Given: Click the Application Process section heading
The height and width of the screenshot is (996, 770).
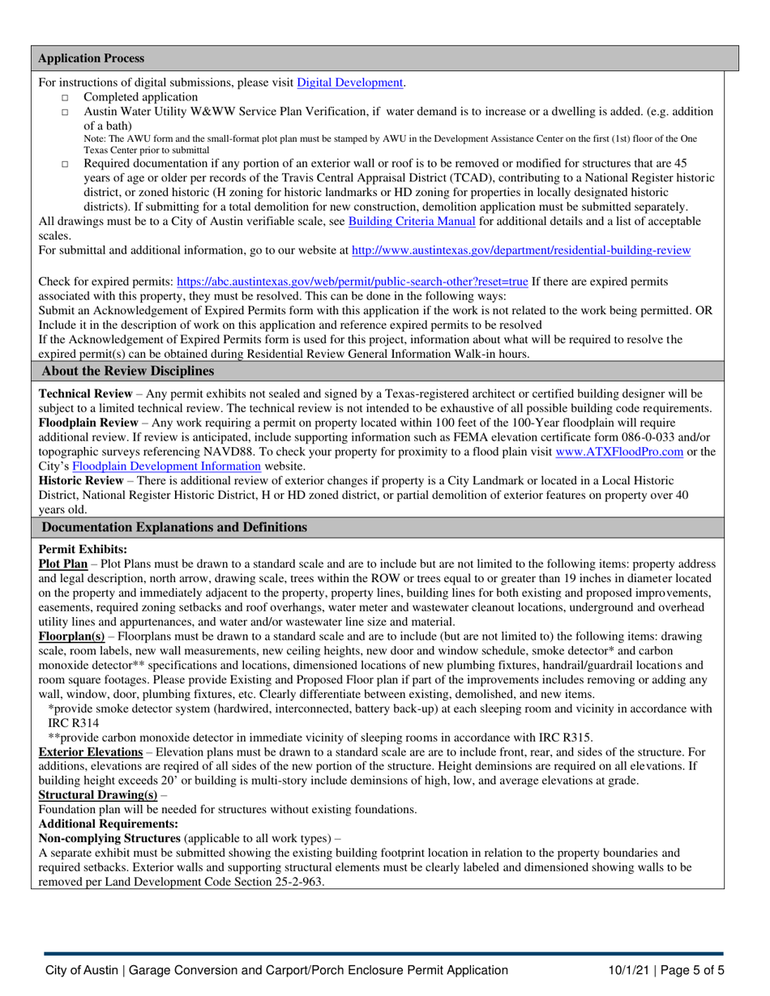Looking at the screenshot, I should click(92, 58).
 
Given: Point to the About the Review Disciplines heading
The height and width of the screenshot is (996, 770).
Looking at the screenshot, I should click(128, 371).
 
